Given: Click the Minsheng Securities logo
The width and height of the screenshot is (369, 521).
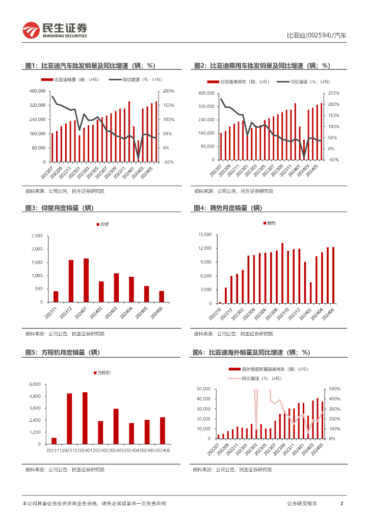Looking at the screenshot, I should [x=55, y=31].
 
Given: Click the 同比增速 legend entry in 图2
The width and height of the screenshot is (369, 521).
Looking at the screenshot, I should [x=303, y=81].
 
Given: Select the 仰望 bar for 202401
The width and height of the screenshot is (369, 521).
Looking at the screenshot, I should [x=86, y=280].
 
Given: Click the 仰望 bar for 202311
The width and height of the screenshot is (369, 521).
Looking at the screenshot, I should [x=56, y=297].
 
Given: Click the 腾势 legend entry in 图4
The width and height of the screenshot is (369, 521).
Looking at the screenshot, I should [x=270, y=223].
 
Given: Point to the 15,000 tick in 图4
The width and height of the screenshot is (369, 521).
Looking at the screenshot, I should [x=204, y=235].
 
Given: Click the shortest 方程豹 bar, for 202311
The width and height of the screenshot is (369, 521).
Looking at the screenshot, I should [x=54, y=441].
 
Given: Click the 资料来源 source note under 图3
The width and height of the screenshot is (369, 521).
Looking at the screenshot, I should [x=65, y=334].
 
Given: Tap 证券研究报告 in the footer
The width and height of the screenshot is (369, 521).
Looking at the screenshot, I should [x=302, y=503].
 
